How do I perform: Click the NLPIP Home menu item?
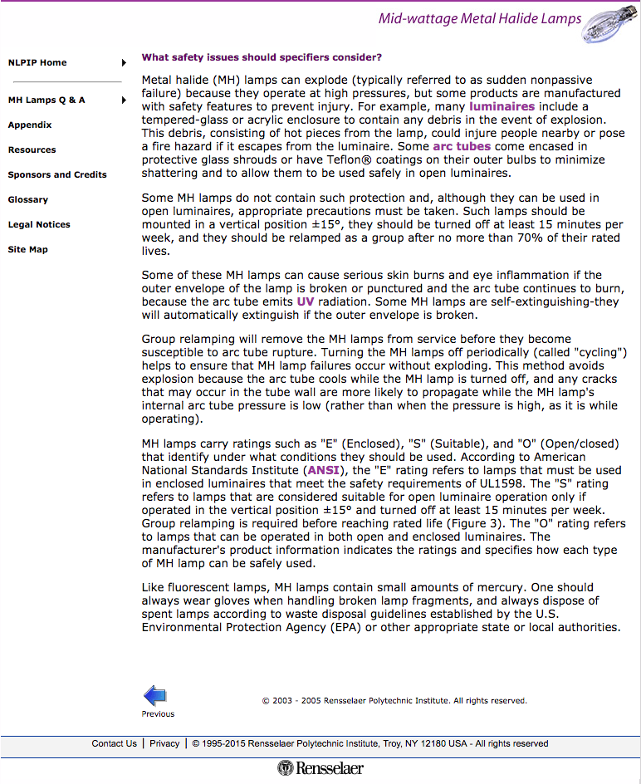[x=37, y=63]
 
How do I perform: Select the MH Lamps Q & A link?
[x=46, y=100]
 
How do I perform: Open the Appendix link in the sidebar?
[x=30, y=125]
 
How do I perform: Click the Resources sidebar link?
[x=32, y=150]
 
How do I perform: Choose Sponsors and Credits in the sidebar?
[x=57, y=175]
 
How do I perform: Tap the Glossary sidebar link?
[x=28, y=200]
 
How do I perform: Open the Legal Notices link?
[x=39, y=225]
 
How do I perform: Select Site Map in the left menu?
[x=27, y=250]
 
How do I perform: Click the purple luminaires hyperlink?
[x=502, y=107]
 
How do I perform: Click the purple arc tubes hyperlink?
[x=462, y=147]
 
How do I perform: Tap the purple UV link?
[x=305, y=301]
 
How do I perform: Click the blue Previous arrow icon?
[x=155, y=696]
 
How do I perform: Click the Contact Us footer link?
[x=114, y=744]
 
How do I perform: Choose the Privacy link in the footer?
[x=164, y=744]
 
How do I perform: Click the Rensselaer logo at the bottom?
[x=320, y=768]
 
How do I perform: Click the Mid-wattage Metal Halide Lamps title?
[x=479, y=19]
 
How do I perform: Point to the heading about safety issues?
[x=262, y=57]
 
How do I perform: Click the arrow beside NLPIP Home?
[x=124, y=63]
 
